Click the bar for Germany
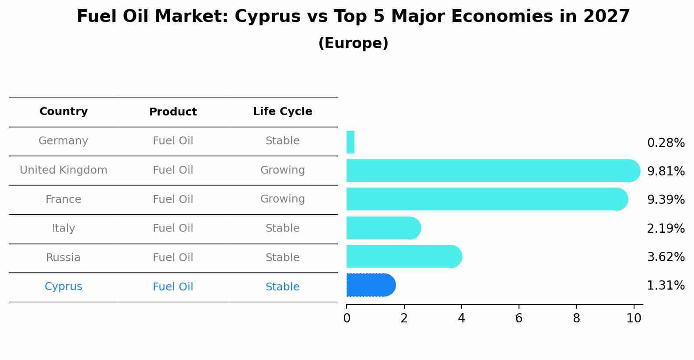click(351, 142)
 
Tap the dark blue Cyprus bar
click(370, 285)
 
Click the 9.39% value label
click(666, 200)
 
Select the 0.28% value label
click(666, 143)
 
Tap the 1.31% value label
click(666, 286)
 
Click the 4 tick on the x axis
click(461, 318)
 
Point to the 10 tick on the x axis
click(634, 318)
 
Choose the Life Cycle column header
click(282, 112)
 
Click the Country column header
click(63, 112)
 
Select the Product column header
click(173, 112)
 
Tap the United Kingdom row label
click(63, 170)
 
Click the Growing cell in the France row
click(282, 199)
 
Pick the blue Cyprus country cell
click(63, 287)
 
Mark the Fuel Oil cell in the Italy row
click(173, 228)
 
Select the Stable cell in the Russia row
click(282, 258)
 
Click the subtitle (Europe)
click(353, 43)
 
